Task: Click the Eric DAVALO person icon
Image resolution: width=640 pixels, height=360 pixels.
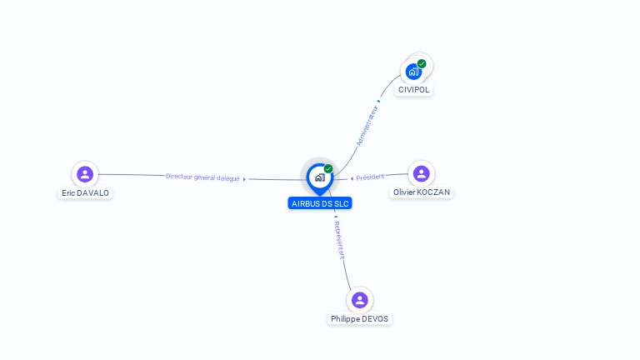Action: (84, 174)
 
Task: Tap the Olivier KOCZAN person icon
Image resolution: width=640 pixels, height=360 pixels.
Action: (421, 173)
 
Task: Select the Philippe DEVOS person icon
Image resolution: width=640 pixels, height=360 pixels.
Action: (359, 300)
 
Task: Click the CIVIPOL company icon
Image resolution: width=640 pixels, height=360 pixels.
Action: (413, 72)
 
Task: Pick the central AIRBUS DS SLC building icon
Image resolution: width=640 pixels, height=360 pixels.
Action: (319, 177)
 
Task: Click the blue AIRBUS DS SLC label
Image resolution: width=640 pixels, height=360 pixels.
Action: (320, 203)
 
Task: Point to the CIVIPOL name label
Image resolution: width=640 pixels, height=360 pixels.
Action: (414, 89)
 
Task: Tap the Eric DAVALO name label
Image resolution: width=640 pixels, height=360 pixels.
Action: (85, 192)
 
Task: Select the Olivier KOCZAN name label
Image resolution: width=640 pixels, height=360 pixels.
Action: (422, 192)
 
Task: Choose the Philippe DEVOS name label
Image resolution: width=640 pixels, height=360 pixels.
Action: (359, 318)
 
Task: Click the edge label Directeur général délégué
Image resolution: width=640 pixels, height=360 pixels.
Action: (202, 177)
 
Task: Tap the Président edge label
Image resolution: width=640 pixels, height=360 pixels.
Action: (370, 177)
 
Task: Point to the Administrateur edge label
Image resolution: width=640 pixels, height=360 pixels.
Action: (367, 125)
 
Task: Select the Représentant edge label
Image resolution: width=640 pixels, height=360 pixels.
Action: (339, 240)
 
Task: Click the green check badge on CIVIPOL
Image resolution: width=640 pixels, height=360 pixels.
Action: (422, 63)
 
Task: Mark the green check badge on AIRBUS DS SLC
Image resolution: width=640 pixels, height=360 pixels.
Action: (328, 168)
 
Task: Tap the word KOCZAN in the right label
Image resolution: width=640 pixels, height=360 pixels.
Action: (433, 192)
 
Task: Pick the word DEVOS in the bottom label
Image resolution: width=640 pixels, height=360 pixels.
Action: (374, 318)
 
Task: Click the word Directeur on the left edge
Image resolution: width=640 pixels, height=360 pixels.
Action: (179, 177)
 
